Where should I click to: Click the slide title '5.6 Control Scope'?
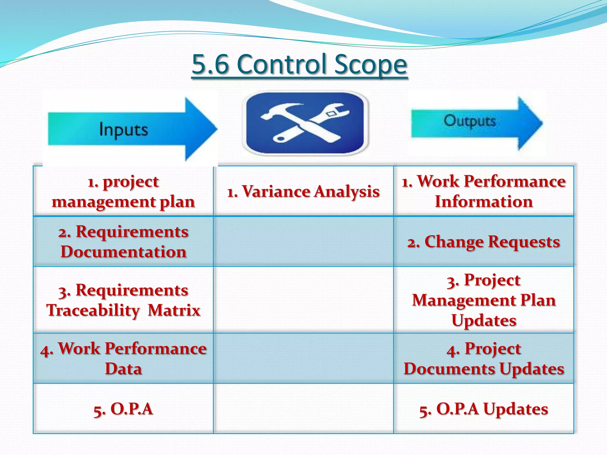coord(299,64)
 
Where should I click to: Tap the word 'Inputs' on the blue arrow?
coord(123,129)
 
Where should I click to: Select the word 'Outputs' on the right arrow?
coord(469,121)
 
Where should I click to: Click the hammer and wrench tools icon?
coord(305,123)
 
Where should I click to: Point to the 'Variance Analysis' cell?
coord(303,191)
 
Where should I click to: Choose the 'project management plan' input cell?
coord(123,191)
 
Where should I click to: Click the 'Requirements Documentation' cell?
coord(123,241)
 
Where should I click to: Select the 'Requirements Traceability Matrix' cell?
coord(123,300)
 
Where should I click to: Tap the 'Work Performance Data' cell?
coord(123,358)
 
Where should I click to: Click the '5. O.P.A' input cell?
coord(123,409)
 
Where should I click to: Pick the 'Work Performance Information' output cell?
coord(484,191)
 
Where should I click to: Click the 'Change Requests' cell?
coord(484,242)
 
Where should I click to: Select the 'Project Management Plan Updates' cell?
coord(484,300)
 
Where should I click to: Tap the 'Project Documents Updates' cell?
coord(484,358)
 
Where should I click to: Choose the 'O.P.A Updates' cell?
coord(484,409)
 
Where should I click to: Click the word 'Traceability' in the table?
coord(93,310)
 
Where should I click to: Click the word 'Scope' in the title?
coord(370,64)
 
